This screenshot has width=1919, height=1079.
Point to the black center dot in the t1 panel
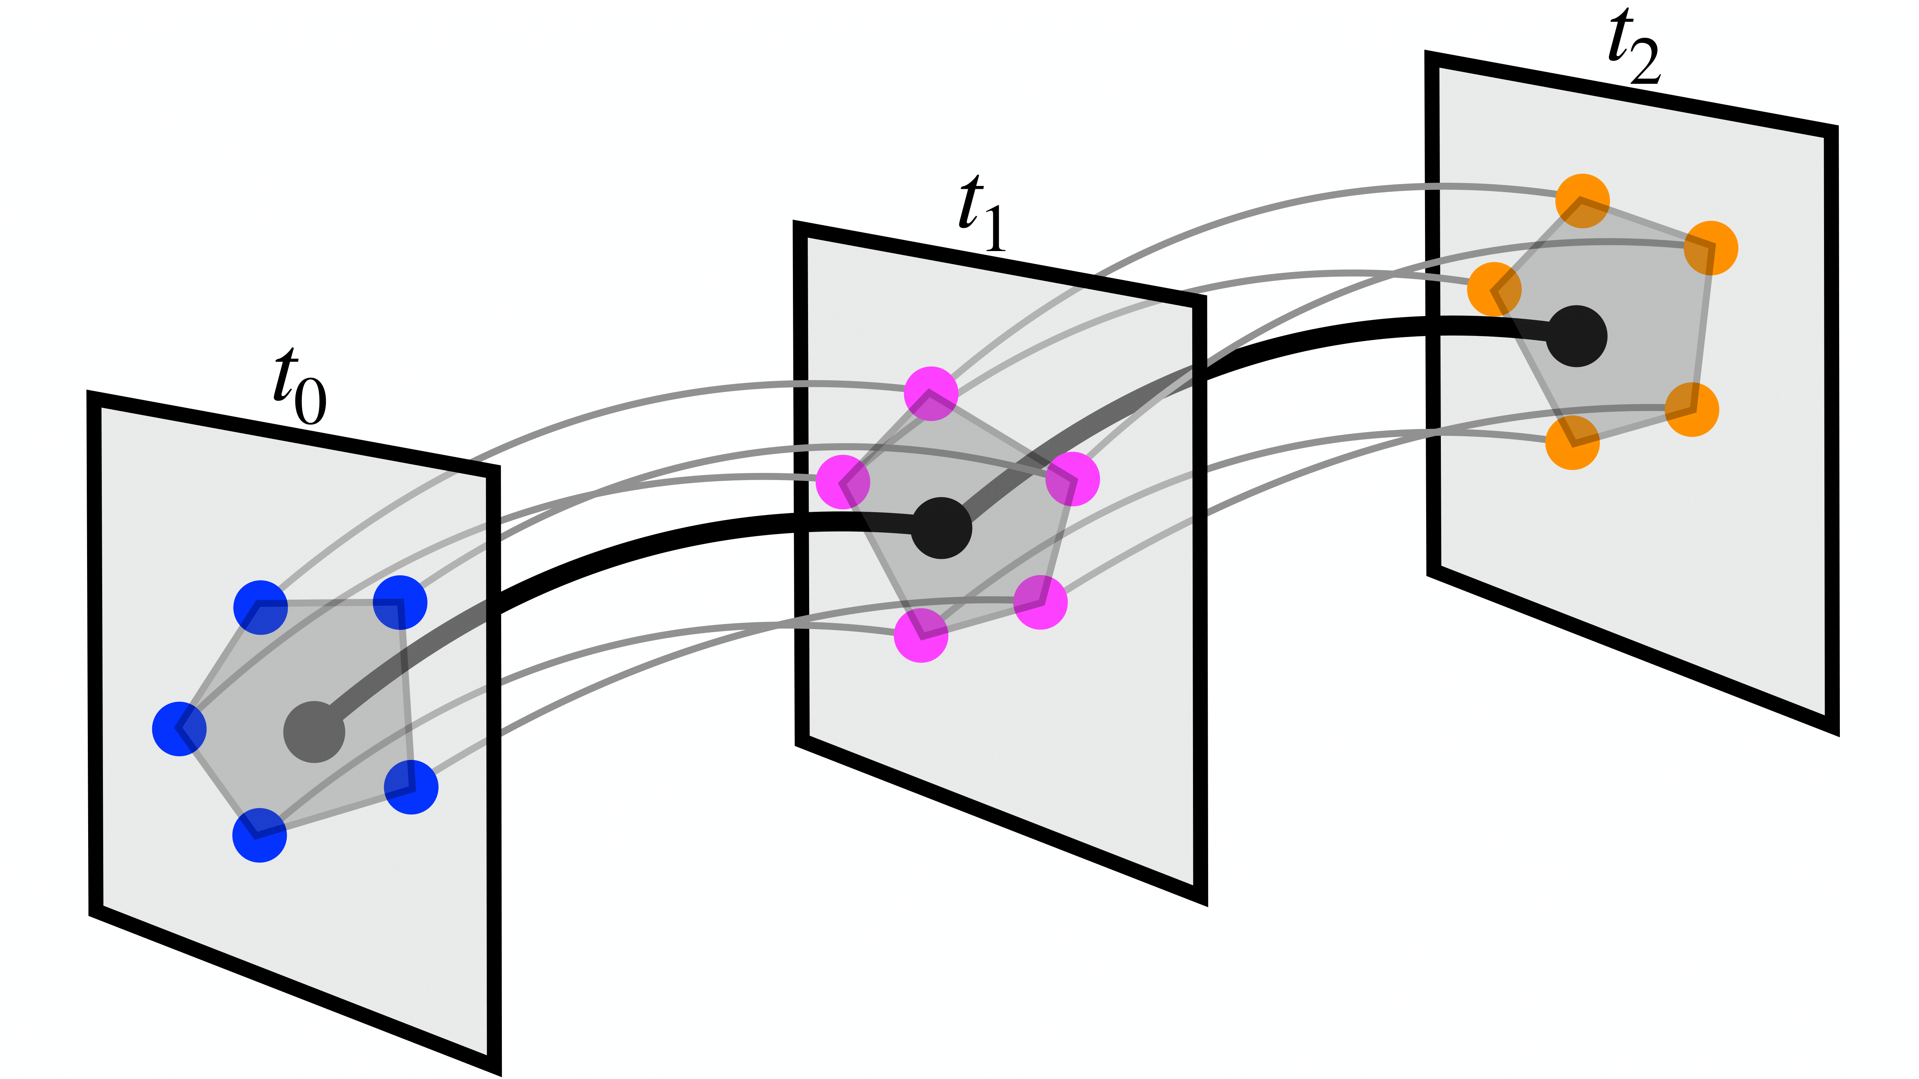pyautogui.click(x=942, y=528)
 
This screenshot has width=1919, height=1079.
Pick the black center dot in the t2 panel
pyautogui.click(x=1577, y=336)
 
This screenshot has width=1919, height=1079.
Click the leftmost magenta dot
pyautogui.click(x=843, y=482)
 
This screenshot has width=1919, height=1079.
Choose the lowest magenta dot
pyautogui.click(x=921, y=635)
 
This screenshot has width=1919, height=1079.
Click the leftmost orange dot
pyautogui.click(x=1494, y=289)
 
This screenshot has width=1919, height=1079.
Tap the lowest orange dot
pyautogui.click(x=1573, y=442)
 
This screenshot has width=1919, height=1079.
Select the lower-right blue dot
pyautogui.click(x=411, y=786)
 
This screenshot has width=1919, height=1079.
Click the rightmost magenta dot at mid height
pyautogui.click(x=1072, y=479)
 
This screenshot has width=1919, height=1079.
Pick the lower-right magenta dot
pyautogui.click(x=1041, y=602)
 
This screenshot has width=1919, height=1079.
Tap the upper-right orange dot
pyautogui.click(x=1711, y=248)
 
